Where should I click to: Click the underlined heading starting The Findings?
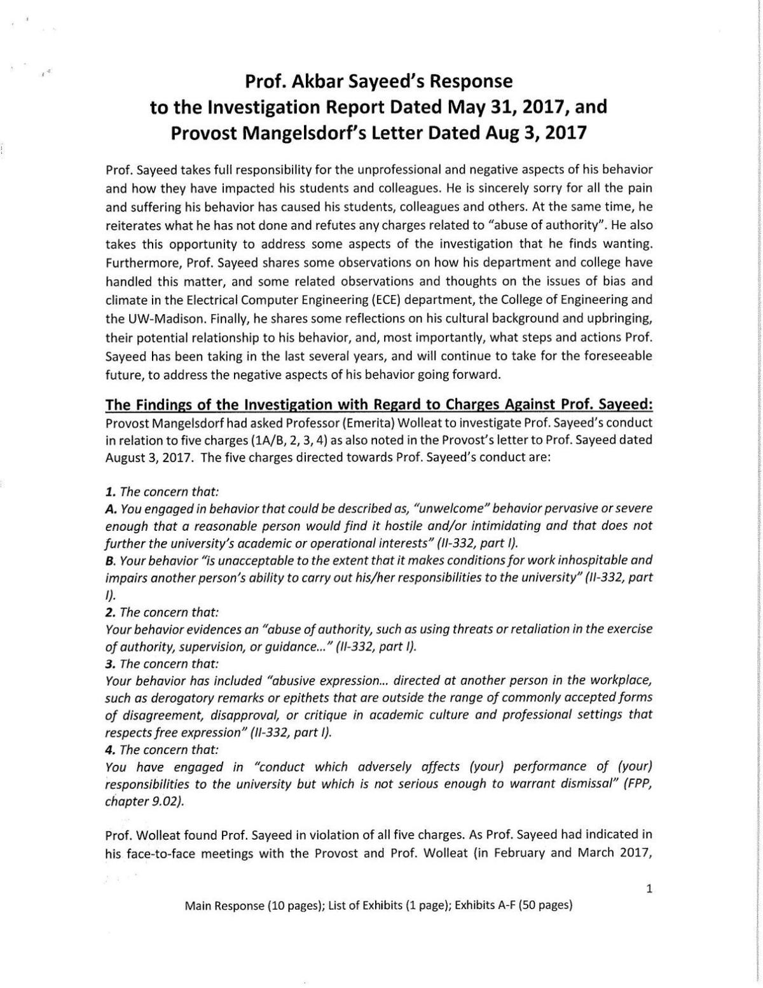click(x=378, y=404)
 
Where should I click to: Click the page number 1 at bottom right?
click(x=649, y=889)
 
